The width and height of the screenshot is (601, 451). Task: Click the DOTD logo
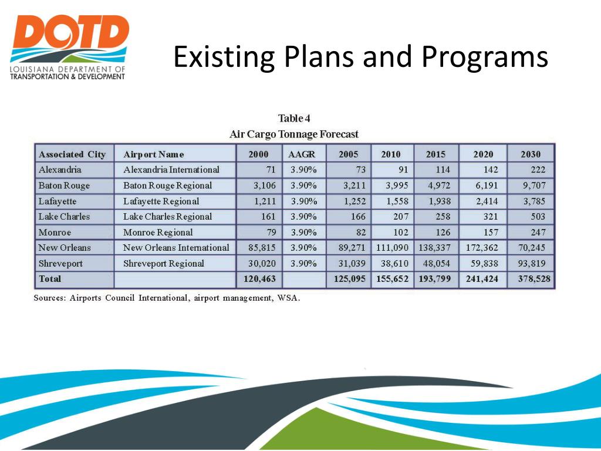click(69, 46)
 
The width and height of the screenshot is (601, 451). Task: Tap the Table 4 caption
click(293, 119)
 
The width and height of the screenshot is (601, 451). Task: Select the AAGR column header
click(302, 154)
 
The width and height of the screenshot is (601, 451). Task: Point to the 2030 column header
click(531, 154)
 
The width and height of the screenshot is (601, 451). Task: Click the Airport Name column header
click(154, 154)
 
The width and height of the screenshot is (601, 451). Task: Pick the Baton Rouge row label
click(64, 186)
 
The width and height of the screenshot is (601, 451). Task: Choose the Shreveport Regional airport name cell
click(164, 264)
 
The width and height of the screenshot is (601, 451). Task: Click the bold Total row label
click(50, 279)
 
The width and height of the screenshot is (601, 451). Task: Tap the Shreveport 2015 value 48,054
click(437, 264)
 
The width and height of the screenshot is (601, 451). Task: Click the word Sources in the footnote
click(49, 298)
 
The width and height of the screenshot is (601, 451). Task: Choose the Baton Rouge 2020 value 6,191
click(485, 186)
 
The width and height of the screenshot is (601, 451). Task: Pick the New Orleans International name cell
click(176, 248)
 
